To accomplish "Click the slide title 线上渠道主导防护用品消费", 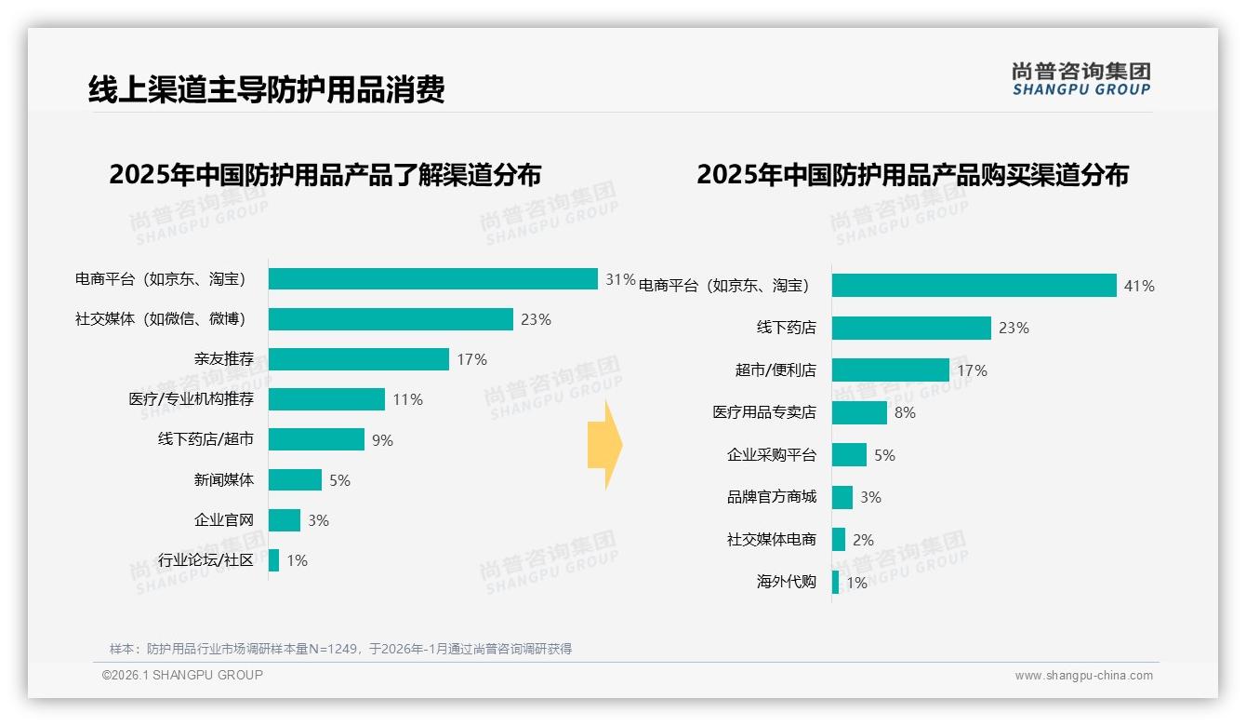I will click(x=266, y=89).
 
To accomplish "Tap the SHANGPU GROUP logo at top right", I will click(x=1080, y=79).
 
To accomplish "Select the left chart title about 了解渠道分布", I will click(x=325, y=175).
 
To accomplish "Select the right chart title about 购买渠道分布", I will click(x=912, y=175).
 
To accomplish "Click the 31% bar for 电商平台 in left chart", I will click(x=432, y=279).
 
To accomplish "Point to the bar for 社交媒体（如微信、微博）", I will click(x=391, y=319).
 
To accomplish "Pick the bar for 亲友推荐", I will click(x=359, y=359).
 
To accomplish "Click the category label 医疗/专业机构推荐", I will click(x=191, y=399).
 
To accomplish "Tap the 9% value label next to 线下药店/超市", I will click(x=382, y=440).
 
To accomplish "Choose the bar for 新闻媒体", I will click(x=295, y=480).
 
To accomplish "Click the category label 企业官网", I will click(x=223, y=520).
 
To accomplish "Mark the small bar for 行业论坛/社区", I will click(x=273, y=560).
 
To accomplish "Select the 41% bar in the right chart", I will click(x=974, y=286).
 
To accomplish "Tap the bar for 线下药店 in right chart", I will click(x=911, y=328).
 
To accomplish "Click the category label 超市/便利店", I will click(x=775, y=370).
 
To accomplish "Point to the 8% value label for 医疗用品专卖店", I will click(x=905, y=412).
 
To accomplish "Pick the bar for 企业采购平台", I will click(x=849, y=455).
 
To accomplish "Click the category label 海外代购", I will click(x=786, y=583).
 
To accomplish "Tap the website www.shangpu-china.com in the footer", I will click(x=1083, y=676).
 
